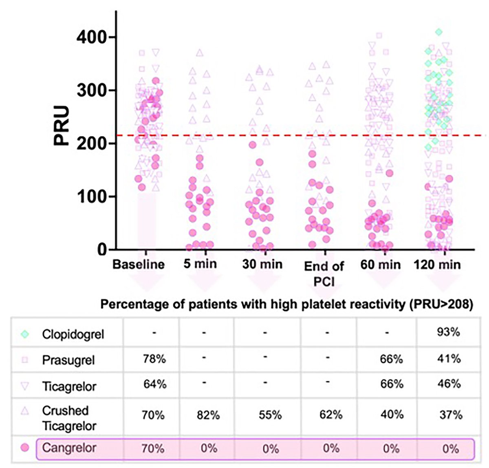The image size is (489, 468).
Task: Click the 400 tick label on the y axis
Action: [x=92, y=37]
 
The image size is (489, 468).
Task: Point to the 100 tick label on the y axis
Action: [x=92, y=196]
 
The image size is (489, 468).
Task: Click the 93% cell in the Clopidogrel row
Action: [x=448, y=332]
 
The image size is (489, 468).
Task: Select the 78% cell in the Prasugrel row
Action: [x=154, y=359]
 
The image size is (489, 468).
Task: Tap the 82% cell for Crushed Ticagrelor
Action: [x=209, y=415]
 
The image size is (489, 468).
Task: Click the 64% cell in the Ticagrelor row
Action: [x=154, y=384]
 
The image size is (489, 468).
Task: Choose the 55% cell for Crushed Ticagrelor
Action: [x=270, y=415]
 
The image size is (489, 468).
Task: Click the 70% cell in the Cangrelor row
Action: [x=153, y=449]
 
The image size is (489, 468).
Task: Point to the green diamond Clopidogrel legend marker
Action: [x=25, y=334]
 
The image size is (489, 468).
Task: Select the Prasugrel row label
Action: [x=68, y=360]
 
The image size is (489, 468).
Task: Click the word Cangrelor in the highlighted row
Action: [x=69, y=448]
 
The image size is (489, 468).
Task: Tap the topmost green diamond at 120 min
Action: [x=438, y=32]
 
